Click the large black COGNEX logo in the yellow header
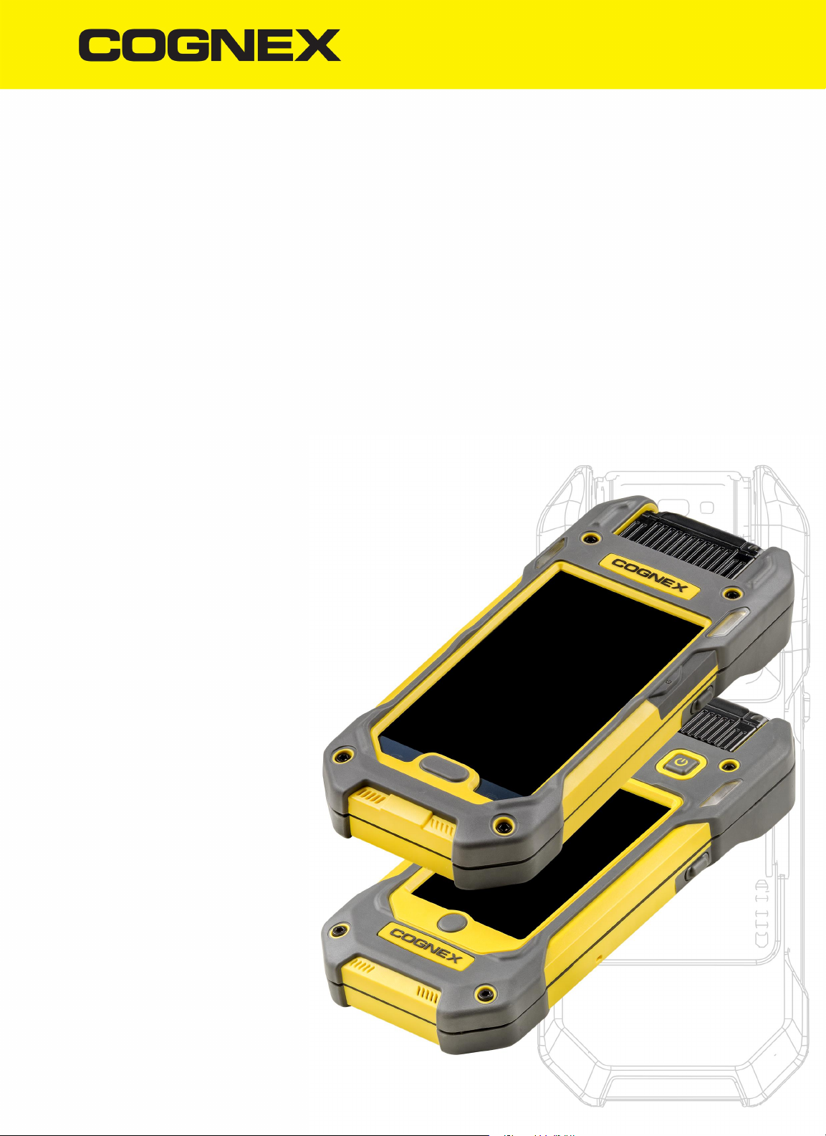pos(209,45)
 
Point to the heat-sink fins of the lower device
pos(720,730)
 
